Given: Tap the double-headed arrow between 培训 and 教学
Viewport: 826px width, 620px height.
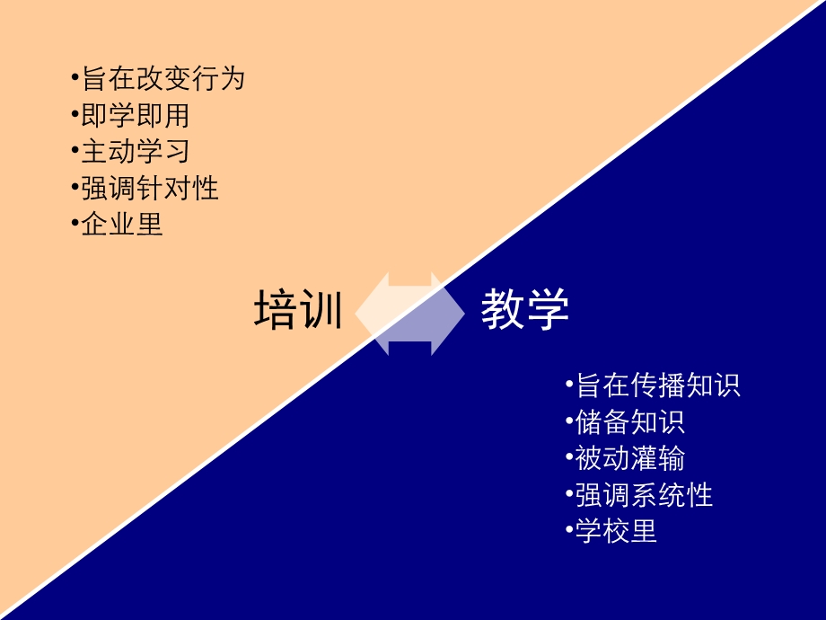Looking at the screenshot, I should point(410,314).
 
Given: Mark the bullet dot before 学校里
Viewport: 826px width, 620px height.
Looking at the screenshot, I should point(569,527).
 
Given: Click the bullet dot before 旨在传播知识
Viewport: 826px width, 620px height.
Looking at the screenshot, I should point(569,384).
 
